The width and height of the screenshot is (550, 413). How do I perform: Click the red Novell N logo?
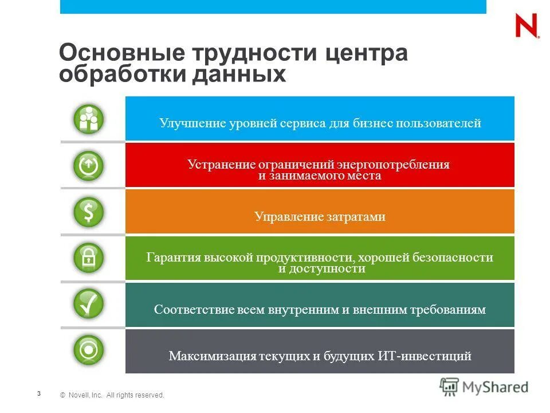click(x=527, y=26)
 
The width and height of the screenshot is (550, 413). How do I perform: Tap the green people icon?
click(x=88, y=119)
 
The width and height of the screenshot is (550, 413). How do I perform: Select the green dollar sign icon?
click(x=88, y=212)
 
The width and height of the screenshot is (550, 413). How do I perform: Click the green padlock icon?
click(x=88, y=258)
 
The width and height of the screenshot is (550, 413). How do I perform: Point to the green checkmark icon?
click(x=88, y=304)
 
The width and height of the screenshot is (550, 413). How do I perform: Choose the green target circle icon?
click(x=88, y=350)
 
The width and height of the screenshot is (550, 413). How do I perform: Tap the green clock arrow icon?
click(x=88, y=166)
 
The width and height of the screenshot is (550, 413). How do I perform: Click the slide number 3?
click(x=38, y=393)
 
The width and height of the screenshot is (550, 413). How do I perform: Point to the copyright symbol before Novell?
click(x=62, y=395)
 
